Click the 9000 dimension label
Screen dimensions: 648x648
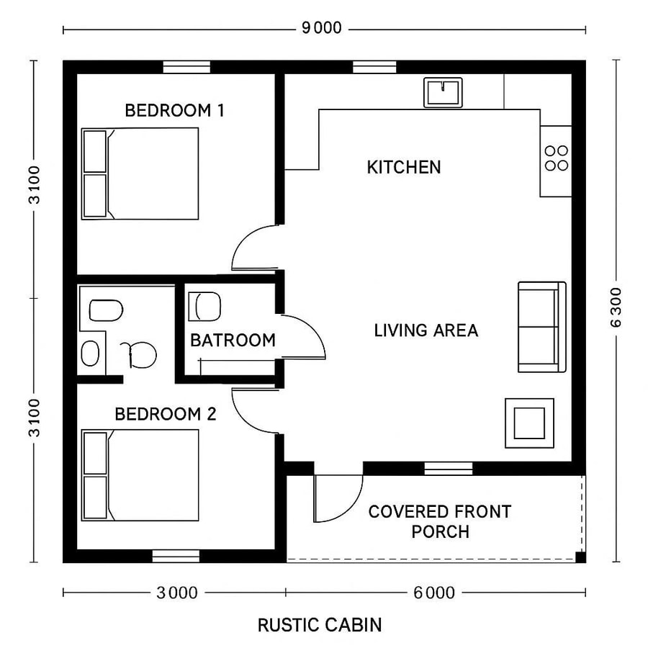[321, 29]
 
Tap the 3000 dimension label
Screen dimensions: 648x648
[176, 593]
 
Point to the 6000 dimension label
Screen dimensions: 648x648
[434, 593]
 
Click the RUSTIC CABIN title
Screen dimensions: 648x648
[320, 624]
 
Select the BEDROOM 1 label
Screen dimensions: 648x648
[174, 110]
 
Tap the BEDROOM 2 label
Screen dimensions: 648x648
[166, 414]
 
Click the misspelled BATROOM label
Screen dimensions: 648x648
[232, 340]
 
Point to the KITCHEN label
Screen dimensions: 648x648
[403, 167]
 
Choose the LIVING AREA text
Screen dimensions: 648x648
[426, 330]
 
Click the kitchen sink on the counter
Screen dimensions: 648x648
[443, 92]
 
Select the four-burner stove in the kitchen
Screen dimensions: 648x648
[557, 158]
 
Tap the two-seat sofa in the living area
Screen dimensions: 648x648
[541, 327]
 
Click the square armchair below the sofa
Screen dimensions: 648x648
[529, 423]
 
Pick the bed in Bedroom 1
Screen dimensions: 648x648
[140, 174]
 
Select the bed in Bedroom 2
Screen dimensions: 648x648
[140, 475]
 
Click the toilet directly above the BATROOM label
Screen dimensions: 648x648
[204, 306]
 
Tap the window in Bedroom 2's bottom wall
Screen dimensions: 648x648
[176, 556]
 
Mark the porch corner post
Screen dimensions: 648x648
[580, 557]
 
